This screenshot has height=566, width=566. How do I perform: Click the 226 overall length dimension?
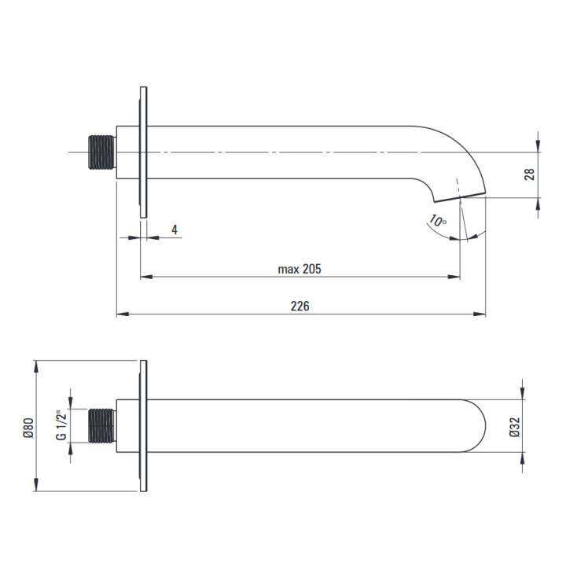click(300, 306)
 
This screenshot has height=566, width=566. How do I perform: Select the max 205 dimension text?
click(300, 269)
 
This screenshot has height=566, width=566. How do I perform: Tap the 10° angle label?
click(438, 222)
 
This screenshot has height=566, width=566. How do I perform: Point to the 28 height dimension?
click(530, 174)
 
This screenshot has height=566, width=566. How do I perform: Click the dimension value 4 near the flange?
click(175, 230)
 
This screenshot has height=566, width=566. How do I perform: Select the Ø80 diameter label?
click(28, 427)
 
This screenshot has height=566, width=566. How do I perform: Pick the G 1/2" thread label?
click(61, 426)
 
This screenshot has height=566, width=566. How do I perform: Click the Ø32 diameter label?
click(514, 426)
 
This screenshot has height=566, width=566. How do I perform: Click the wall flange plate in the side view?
click(143, 152)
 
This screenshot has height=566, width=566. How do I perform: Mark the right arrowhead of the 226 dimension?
click(480, 314)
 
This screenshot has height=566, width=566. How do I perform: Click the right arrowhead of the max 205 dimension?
click(455, 277)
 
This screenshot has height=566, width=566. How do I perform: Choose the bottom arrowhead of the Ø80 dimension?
click(37, 487)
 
